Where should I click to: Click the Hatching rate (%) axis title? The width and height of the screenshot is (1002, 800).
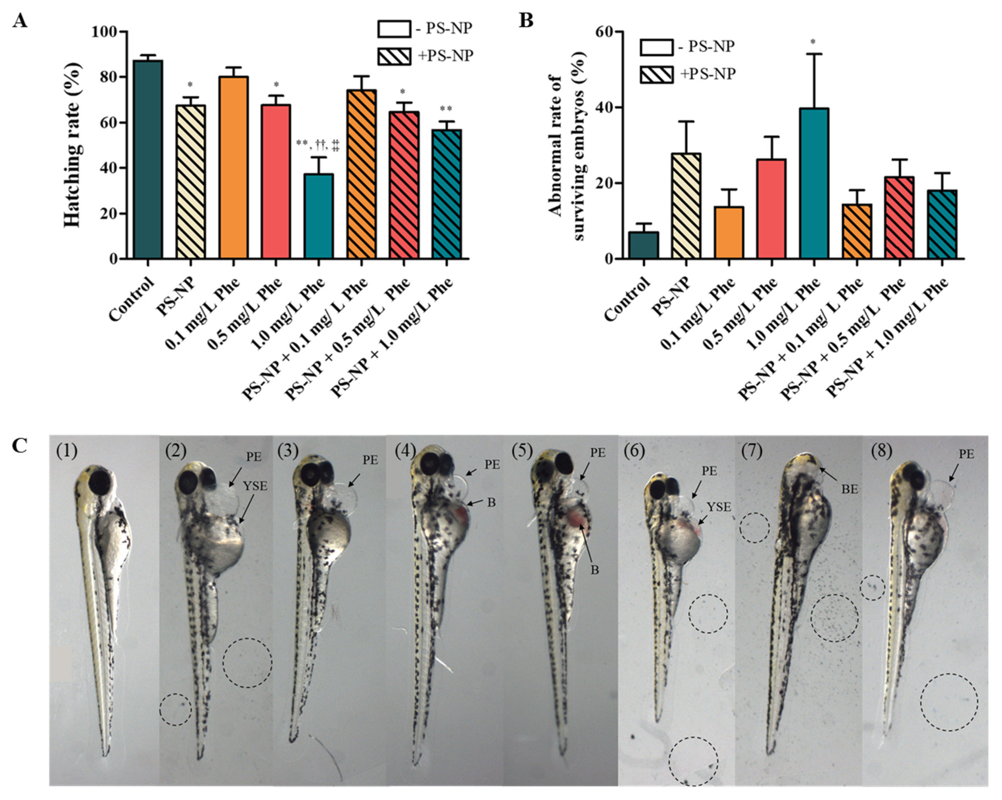[x=73, y=145]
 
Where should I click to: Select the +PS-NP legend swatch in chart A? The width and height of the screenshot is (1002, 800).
[x=394, y=56]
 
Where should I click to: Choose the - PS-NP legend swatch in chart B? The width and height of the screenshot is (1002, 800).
[x=656, y=47]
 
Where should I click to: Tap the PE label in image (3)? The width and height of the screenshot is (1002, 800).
[x=370, y=460]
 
